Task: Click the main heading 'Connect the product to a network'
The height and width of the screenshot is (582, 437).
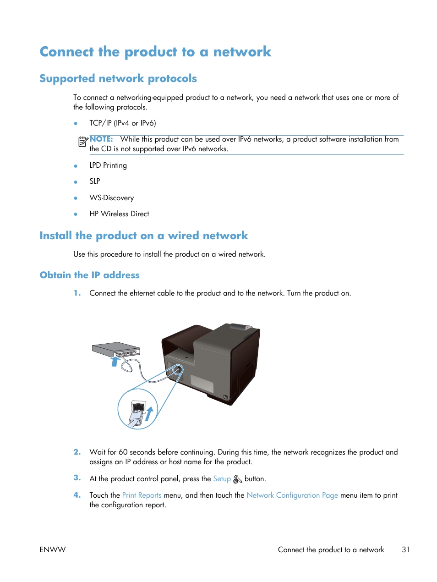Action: click(155, 52)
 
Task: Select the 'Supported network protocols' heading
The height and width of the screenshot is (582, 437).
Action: click(118, 78)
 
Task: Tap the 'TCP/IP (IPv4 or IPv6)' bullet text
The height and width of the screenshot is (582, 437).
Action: click(122, 123)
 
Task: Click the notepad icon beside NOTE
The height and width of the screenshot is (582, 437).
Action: click(82, 142)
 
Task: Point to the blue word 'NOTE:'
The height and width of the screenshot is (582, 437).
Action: click(101, 139)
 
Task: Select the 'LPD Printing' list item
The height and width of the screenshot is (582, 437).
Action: click(108, 165)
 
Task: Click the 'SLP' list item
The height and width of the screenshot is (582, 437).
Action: click(95, 181)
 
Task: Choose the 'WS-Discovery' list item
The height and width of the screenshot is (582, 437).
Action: click(111, 198)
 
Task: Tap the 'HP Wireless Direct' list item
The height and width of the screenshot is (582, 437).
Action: click(119, 214)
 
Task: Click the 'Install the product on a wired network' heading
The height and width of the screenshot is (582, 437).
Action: click(143, 236)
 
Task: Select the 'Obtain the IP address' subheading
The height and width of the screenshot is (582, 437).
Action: click(89, 275)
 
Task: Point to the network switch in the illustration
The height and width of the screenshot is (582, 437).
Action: click(116, 350)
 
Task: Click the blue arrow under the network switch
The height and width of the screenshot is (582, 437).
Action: click(115, 362)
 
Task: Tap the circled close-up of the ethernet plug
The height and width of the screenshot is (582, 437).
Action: click(138, 409)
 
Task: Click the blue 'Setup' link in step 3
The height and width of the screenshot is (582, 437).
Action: click(222, 478)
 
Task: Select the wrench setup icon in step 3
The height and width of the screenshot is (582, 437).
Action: click(237, 479)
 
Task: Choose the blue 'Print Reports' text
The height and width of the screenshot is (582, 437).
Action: click(142, 495)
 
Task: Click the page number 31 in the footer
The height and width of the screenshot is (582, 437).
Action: click(406, 549)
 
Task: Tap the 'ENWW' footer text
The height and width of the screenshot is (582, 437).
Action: click(53, 549)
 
